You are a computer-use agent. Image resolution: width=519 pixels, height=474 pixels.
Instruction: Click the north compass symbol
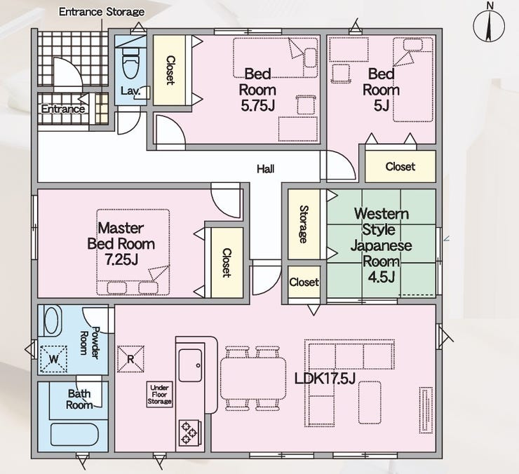point(489,26)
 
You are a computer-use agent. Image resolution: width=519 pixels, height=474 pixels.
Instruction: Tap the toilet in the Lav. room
point(130,62)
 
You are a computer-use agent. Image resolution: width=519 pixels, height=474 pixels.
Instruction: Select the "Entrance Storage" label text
point(102,12)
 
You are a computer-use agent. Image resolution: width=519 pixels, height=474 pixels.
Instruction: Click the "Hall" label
point(265,169)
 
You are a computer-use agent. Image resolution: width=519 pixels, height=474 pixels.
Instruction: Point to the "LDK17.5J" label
point(325,379)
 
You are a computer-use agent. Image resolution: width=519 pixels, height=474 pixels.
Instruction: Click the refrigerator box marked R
point(130,359)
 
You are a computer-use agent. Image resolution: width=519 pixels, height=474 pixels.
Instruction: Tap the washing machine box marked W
point(53,359)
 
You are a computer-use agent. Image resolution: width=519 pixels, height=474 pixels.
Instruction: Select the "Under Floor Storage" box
point(159,394)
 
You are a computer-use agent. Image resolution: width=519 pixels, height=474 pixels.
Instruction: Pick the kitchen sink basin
point(190,365)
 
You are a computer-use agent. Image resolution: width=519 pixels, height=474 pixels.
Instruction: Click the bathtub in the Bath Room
point(74,434)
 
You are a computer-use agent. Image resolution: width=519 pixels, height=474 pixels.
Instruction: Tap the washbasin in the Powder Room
point(52,320)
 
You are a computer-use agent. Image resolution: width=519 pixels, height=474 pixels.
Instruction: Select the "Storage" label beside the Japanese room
point(304,224)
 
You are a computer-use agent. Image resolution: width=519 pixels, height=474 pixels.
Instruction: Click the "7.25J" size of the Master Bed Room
point(121,259)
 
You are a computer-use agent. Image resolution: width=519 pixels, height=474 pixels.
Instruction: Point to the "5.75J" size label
point(257,106)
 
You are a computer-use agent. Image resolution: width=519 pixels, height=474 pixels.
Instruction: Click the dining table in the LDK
point(253,379)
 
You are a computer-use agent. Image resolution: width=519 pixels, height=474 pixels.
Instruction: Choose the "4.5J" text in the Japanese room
point(382,277)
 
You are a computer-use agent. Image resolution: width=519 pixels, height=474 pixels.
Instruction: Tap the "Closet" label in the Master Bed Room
point(227,262)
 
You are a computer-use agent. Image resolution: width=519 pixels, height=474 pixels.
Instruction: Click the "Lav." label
point(130,90)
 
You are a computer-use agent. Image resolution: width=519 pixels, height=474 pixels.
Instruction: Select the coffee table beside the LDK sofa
point(370,402)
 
